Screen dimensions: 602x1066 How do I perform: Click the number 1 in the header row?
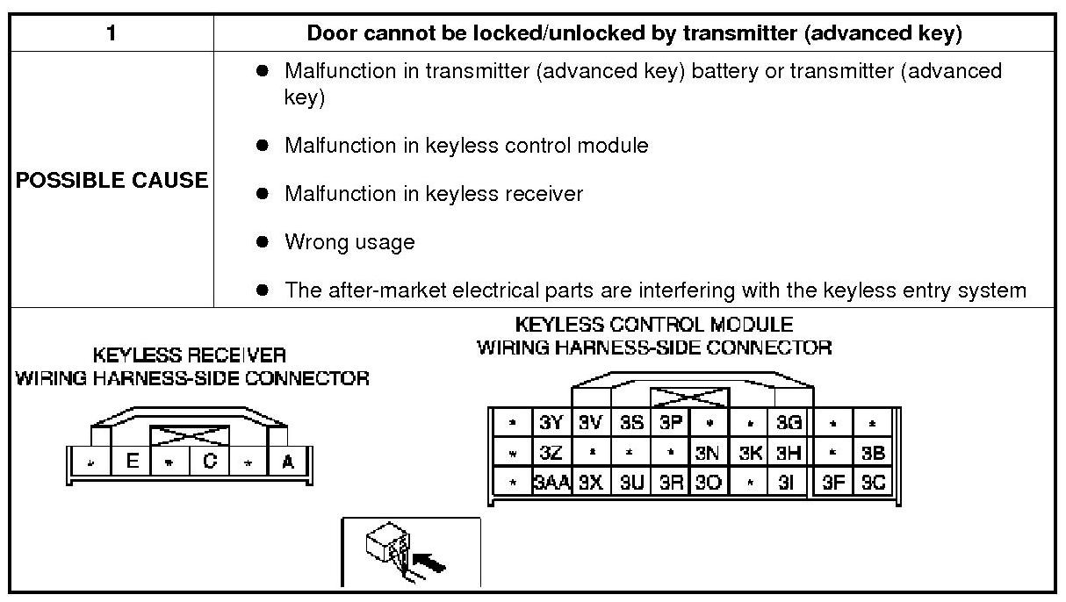pyautogui.click(x=111, y=34)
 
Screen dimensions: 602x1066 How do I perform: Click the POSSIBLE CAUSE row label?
pyautogui.click(x=112, y=180)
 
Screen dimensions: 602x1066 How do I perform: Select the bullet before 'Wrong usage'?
pyautogui.click(x=262, y=241)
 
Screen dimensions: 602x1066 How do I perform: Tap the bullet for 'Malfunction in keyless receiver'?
pyautogui.click(x=262, y=193)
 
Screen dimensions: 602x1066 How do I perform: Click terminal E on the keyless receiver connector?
pyautogui.click(x=132, y=462)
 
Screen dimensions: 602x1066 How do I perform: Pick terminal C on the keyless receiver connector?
pyautogui.click(x=210, y=462)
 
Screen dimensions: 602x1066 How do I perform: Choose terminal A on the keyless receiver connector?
pyautogui.click(x=287, y=462)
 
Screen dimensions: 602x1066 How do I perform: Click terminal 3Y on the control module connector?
pyautogui.click(x=551, y=423)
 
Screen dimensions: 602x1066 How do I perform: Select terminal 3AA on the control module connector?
pyautogui.click(x=551, y=483)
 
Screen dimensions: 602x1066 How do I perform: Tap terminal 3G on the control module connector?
pyautogui.click(x=789, y=423)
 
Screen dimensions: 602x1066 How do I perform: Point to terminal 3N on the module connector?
pyautogui.click(x=708, y=453)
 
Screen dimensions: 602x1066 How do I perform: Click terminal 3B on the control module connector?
pyautogui.click(x=873, y=453)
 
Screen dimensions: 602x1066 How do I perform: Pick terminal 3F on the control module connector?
pyautogui.click(x=833, y=483)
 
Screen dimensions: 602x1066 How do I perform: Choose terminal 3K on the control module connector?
pyautogui.click(x=750, y=453)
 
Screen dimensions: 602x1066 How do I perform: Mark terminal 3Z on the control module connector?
pyautogui.click(x=551, y=453)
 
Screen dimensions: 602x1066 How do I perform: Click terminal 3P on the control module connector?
pyautogui.click(x=670, y=423)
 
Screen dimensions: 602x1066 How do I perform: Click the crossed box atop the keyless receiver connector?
pyautogui.click(x=190, y=434)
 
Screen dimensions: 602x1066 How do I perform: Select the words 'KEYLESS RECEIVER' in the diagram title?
pyautogui.click(x=190, y=355)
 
